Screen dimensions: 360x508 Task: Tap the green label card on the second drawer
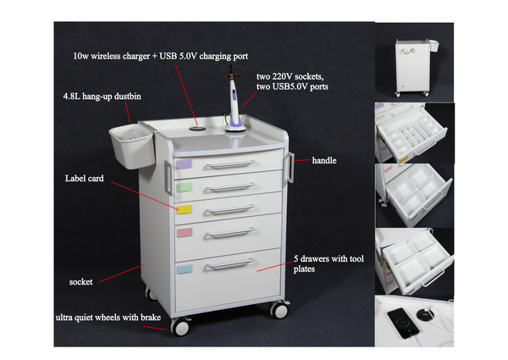(x=185, y=185)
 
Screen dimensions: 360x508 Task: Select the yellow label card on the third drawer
(x=185, y=207)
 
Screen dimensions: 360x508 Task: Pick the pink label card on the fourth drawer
(x=185, y=231)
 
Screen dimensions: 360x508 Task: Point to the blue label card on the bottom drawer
(x=185, y=269)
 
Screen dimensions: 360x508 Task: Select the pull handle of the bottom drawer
(x=229, y=266)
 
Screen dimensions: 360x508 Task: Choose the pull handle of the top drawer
(x=229, y=164)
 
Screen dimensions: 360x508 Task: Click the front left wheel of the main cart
(x=179, y=326)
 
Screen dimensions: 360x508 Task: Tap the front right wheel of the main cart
(x=279, y=310)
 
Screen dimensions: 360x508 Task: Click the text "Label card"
(x=84, y=179)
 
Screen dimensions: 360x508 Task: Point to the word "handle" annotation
(x=325, y=160)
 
